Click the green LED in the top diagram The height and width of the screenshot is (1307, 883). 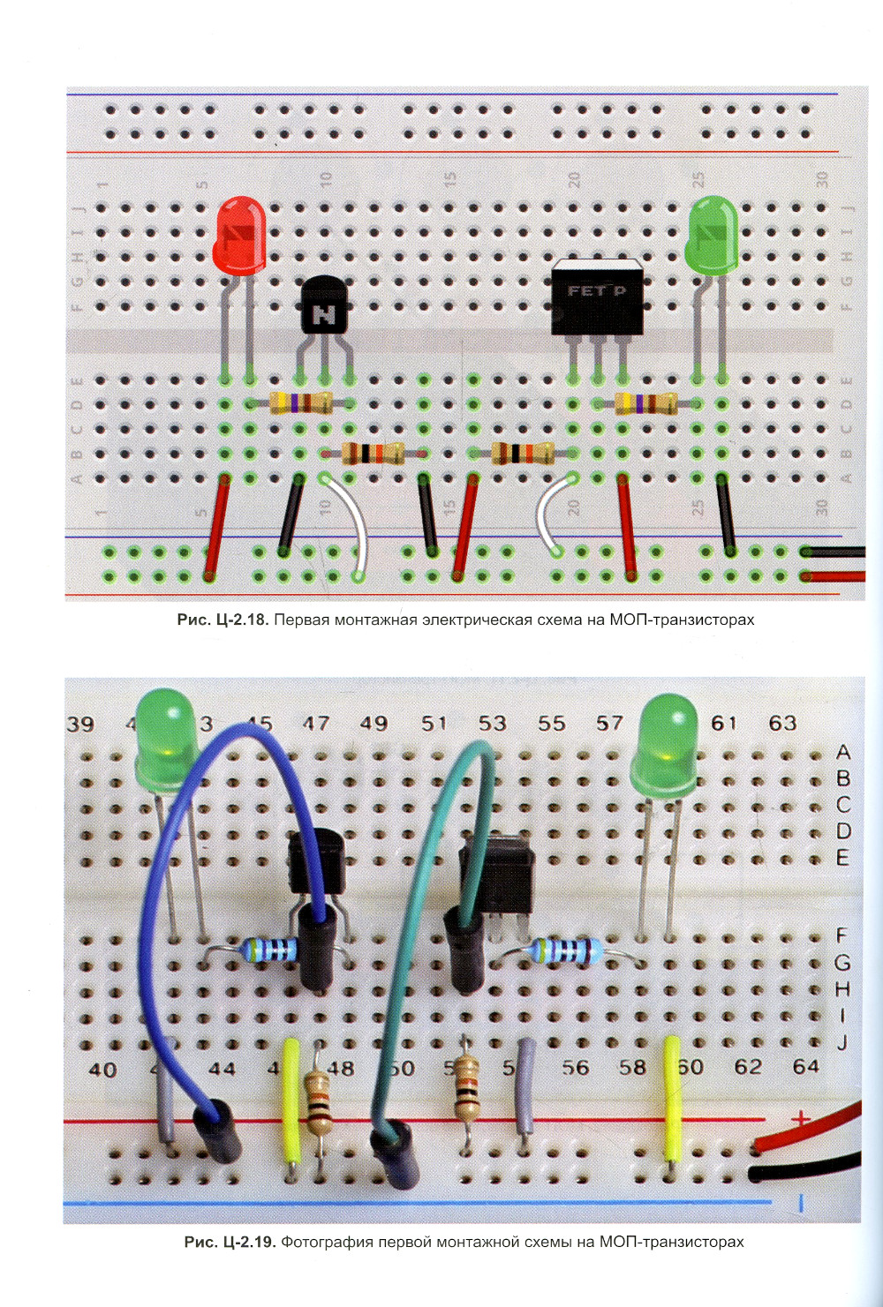[x=712, y=234]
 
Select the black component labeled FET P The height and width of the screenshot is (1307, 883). [x=597, y=297]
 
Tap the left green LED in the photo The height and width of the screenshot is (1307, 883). [x=167, y=737]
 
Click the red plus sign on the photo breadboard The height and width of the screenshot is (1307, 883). [x=800, y=1118]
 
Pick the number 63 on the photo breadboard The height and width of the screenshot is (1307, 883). [x=782, y=723]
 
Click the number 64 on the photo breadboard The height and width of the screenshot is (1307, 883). [x=805, y=1067]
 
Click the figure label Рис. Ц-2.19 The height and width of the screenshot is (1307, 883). [x=230, y=1242]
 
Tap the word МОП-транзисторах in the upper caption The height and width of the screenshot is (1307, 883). [x=682, y=620]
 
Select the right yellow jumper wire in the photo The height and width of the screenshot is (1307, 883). [x=672, y=1099]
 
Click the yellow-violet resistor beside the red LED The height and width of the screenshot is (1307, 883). [x=301, y=403]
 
